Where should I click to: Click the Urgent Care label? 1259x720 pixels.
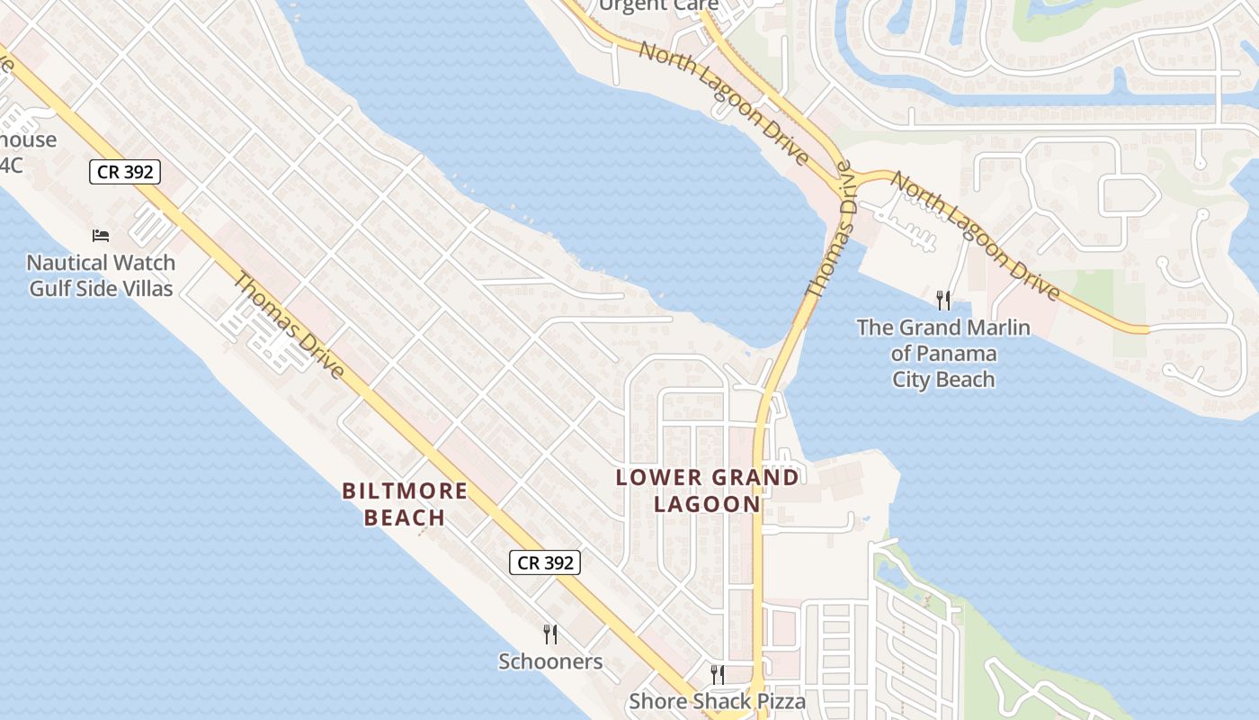tap(658, 5)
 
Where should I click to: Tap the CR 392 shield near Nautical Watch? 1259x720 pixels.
tap(124, 171)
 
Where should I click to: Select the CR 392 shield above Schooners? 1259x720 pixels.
tap(545, 562)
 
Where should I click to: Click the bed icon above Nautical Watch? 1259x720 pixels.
tap(101, 236)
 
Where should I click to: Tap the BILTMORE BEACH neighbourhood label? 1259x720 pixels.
tap(405, 504)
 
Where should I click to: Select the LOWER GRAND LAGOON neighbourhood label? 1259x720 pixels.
tap(708, 490)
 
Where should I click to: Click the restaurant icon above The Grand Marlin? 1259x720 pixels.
tap(942, 300)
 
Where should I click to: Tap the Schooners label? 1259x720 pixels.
tap(550, 661)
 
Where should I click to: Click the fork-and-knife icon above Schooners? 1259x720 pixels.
tap(550, 634)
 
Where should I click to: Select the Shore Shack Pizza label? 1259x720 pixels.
tap(717, 700)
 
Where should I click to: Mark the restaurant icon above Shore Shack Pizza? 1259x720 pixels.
tap(717, 674)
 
